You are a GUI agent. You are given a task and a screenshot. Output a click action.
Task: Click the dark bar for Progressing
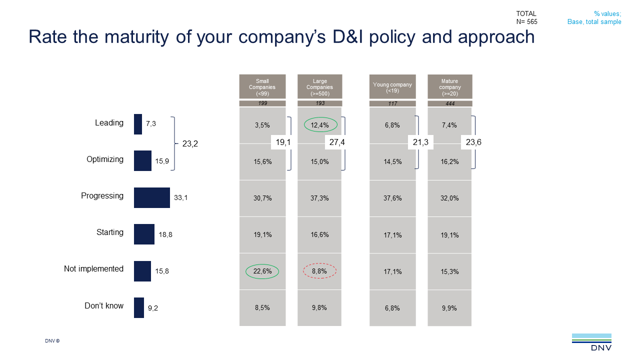point(151,197)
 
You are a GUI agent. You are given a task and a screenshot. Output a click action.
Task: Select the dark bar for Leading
point(138,124)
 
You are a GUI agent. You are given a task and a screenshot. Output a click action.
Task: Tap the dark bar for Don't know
point(138,307)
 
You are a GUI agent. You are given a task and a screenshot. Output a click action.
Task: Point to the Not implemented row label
point(93,269)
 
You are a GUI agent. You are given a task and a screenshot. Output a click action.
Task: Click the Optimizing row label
point(104,159)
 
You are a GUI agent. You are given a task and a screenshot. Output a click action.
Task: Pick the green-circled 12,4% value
point(320,125)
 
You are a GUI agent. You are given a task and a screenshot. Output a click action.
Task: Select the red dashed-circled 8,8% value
point(320,271)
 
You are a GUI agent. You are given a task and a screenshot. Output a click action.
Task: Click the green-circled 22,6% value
point(262,271)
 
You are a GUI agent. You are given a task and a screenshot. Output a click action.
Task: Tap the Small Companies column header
point(262,87)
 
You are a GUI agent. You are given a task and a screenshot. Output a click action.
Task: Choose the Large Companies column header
point(320,87)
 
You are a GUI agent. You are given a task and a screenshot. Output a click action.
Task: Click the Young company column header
point(392,87)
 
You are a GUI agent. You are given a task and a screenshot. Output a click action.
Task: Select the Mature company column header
point(450,87)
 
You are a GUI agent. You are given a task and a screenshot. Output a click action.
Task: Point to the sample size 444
point(450,103)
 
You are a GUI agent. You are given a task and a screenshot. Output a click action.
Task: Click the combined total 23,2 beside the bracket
point(190,144)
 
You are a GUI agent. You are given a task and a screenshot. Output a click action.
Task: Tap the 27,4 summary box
point(337,142)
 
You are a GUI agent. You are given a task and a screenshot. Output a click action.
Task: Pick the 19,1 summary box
point(283,142)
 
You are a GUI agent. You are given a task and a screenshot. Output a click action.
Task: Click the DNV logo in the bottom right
point(591,342)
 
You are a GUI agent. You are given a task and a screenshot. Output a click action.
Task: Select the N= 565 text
point(526,21)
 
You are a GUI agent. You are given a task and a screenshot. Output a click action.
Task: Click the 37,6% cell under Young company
point(392,198)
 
